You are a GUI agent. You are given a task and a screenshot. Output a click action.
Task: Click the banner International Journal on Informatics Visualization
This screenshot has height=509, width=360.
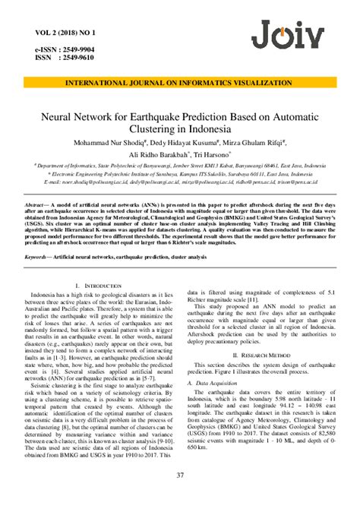(179, 80)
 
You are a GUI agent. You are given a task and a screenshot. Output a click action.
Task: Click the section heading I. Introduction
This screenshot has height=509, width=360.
(95, 285)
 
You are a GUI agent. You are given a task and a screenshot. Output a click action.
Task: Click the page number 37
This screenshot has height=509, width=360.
(180, 497)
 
